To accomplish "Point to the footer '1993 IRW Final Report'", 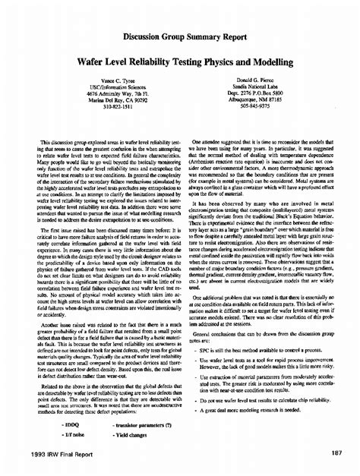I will click(52, 453).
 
